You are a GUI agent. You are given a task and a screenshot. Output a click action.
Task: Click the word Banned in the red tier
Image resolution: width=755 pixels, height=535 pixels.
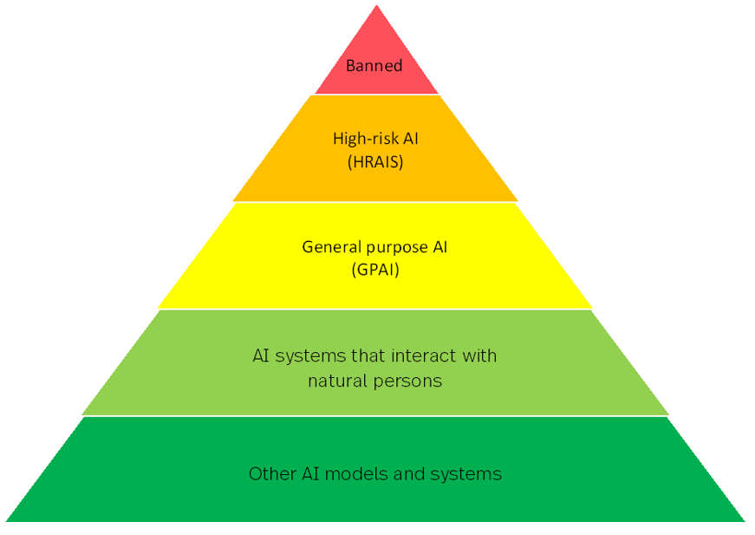374,66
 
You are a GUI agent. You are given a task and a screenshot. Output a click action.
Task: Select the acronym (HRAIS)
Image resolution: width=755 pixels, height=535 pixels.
374,161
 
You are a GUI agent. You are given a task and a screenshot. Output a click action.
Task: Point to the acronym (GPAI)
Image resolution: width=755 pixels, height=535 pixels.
374,269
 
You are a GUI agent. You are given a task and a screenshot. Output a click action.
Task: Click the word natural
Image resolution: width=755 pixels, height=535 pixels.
335,381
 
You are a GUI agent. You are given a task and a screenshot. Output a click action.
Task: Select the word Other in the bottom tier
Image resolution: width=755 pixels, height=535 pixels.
269,474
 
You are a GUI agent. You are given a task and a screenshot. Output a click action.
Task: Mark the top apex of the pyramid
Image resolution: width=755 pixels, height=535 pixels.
376,6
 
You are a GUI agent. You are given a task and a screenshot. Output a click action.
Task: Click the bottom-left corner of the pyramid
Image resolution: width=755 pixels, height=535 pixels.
7,521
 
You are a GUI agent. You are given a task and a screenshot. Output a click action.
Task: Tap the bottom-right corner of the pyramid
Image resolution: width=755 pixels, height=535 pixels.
744,521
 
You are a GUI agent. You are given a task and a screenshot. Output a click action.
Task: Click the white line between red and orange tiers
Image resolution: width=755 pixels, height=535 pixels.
376,95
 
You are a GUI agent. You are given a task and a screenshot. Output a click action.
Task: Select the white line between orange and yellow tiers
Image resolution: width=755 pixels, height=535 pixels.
374,202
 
